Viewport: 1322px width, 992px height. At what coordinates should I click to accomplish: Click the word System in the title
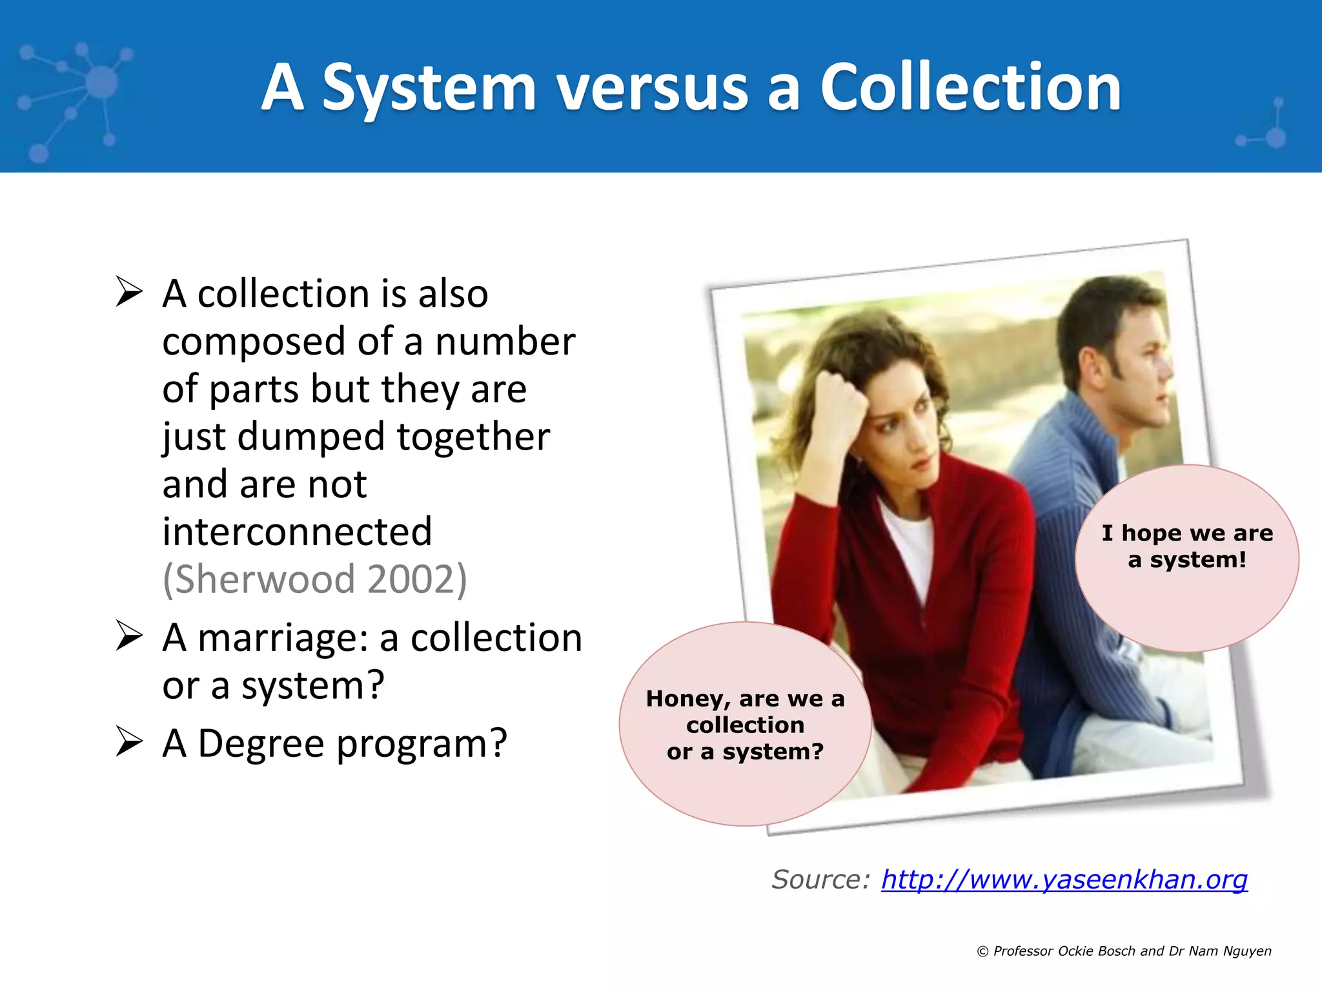coord(429,88)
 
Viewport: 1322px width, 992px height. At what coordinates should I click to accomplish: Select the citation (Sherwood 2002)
coord(314,579)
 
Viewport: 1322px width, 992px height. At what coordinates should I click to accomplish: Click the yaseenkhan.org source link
coord(1064,880)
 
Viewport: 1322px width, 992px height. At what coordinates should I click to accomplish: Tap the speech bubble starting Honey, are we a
coord(745,724)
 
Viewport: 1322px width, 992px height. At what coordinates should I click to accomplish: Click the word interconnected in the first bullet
coord(297,532)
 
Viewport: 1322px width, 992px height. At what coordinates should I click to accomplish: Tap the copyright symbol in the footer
coord(982,951)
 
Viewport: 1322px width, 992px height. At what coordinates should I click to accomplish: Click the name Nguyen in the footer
coord(1247,951)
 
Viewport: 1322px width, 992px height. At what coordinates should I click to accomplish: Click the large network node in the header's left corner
coord(101,83)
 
